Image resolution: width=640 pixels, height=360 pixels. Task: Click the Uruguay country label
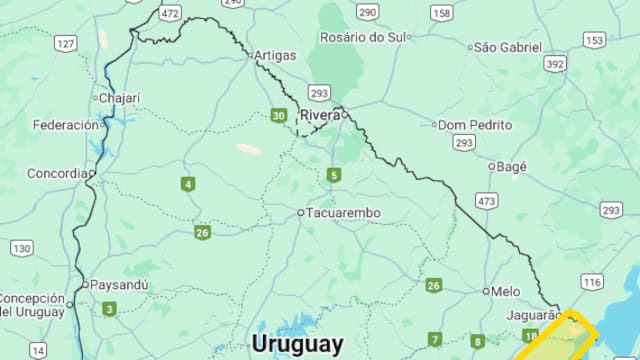[x=297, y=343]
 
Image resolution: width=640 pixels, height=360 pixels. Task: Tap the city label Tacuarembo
[x=343, y=213]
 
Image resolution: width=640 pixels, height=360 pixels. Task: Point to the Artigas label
[x=275, y=55]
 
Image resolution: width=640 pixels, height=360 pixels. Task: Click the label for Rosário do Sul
[x=364, y=37]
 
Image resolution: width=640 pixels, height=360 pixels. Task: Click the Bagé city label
[x=512, y=166]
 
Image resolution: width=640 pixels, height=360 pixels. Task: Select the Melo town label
[x=506, y=291]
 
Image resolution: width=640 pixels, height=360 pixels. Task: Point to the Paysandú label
[x=120, y=284]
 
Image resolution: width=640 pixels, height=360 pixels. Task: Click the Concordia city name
[x=57, y=173]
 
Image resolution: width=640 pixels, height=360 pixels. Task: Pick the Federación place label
[x=65, y=125]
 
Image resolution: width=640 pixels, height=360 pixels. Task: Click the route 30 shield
[x=278, y=116]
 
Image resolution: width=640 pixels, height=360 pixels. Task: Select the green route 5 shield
[x=333, y=176]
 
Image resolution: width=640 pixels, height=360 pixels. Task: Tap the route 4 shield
[x=188, y=184]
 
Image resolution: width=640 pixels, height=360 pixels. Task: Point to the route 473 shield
[x=487, y=202]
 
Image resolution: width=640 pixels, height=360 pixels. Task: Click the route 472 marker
[x=171, y=13]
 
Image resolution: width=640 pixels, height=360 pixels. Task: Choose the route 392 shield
[x=556, y=64]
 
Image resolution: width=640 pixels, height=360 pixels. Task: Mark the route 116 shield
[x=592, y=283]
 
